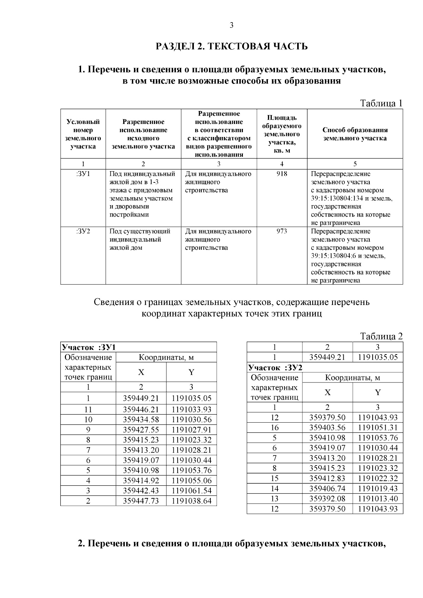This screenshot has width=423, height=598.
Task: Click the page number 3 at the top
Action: coord(231,25)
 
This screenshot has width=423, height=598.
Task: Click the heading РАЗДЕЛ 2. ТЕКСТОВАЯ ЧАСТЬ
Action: coord(232,46)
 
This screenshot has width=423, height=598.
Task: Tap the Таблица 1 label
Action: coord(381,103)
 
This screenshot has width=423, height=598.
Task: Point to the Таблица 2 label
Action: coord(381,336)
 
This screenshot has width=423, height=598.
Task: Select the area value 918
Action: coord(282,174)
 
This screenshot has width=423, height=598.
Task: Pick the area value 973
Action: coord(282,231)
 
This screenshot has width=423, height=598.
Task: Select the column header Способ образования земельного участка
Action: coord(355,134)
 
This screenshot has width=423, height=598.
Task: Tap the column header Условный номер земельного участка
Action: coord(83,134)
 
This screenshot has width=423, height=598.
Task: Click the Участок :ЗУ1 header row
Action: coord(89,347)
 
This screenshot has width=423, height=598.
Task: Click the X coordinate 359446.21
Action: coord(141,409)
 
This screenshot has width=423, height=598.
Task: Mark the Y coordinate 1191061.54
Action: coord(191,491)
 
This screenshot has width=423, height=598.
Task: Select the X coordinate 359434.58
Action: coord(141,419)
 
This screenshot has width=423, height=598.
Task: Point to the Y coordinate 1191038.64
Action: coord(191,501)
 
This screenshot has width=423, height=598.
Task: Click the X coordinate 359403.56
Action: coord(327,428)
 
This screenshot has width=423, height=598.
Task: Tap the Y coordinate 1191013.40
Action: coord(378,499)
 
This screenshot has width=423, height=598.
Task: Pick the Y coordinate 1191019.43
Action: coord(378,488)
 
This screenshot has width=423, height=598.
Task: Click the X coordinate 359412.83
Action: coord(327,478)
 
